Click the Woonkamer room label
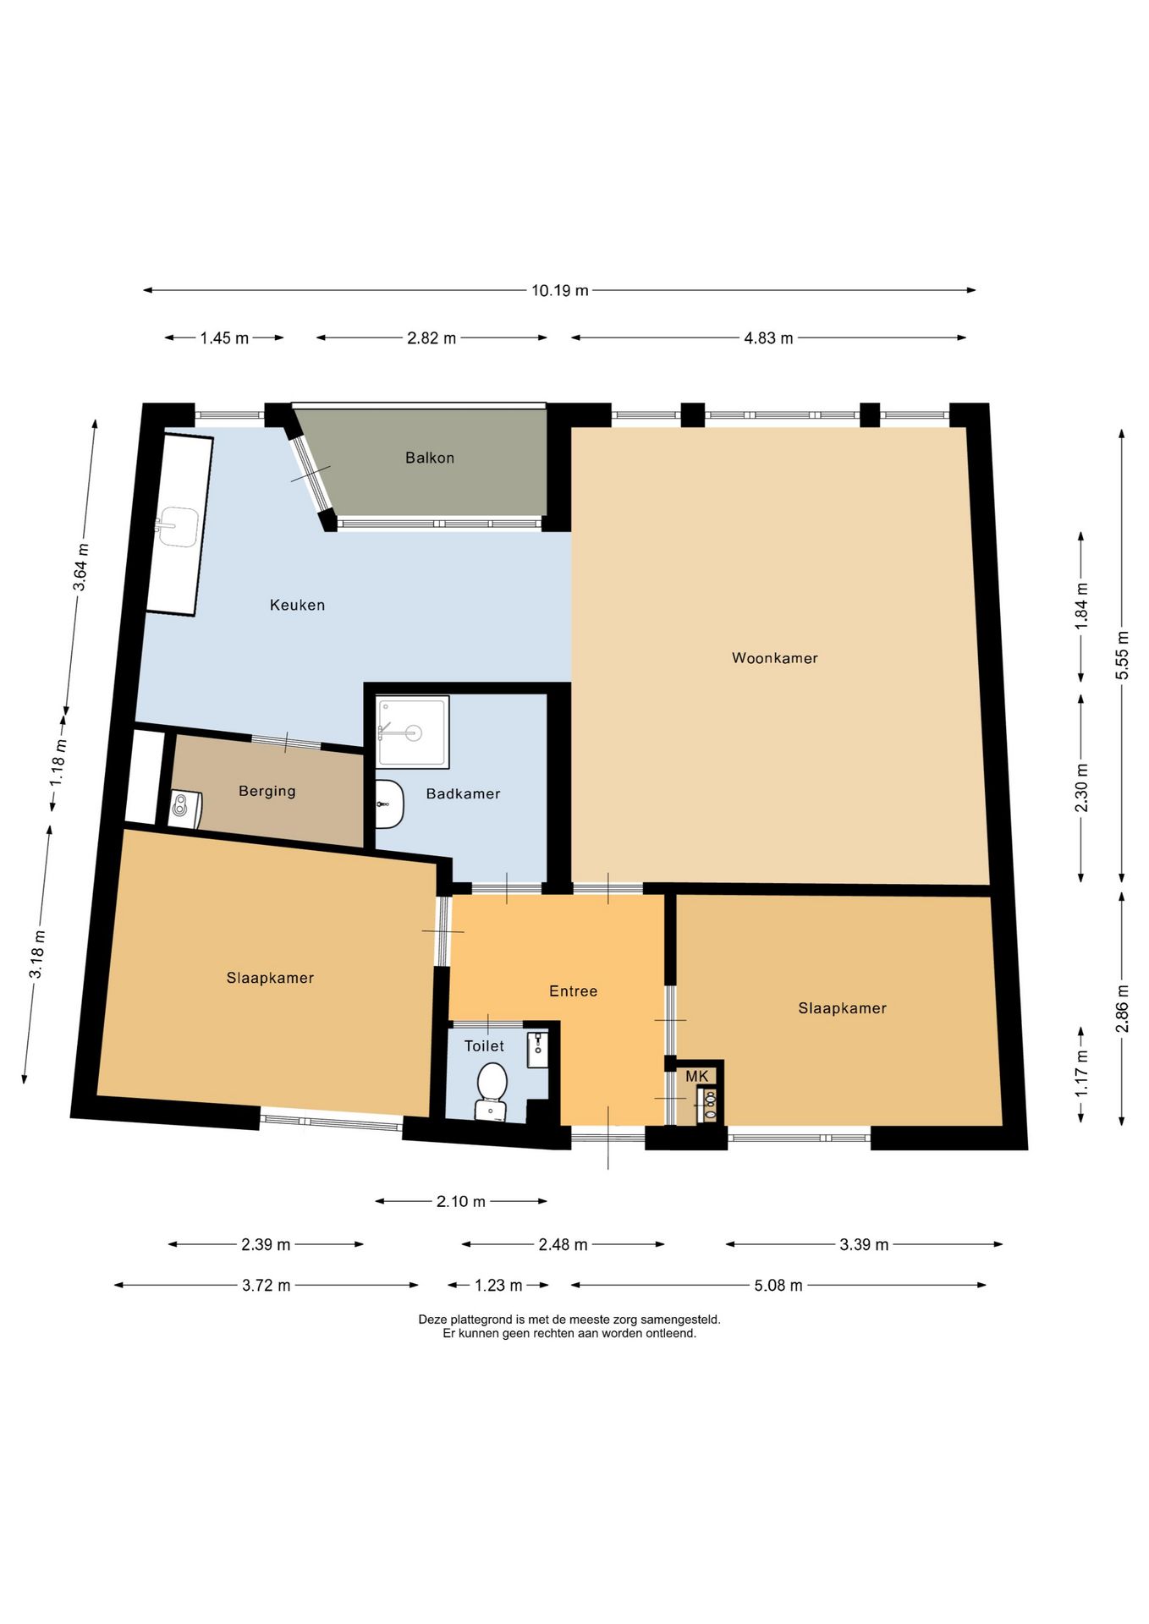pyautogui.click(x=774, y=658)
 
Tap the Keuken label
pyautogui.click(x=297, y=605)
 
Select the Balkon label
pyautogui.click(x=430, y=458)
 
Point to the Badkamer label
pyautogui.click(x=463, y=793)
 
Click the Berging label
pyautogui.click(x=267, y=791)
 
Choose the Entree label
pyautogui.click(x=573, y=990)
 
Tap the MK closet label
pyautogui.click(x=697, y=1076)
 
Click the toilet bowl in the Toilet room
pyautogui.click(x=492, y=1091)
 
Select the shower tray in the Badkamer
pyautogui.click(x=413, y=732)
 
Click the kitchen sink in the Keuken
pyautogui.click(x=178, y=527)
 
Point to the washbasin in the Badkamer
pyautogui.click(x=389, y=804)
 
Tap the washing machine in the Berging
pyautogui.click(x=184, y=809)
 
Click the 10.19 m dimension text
pyautogui.click(x=560, y=290)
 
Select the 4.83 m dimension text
pyautogui.click(x=768, y=338)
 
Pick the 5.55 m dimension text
pyautogui.click(x=1122, y=656)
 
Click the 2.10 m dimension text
pyautogui.click(x=461, y=1201)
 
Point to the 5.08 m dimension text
pyautogui.click(x=778, y=1286)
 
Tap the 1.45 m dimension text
pyautogui.click(x=224, y=338)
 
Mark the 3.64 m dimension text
pyautogui.click(x=81, y=568)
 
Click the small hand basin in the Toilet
pyautogui.click(x=537, y=1049)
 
